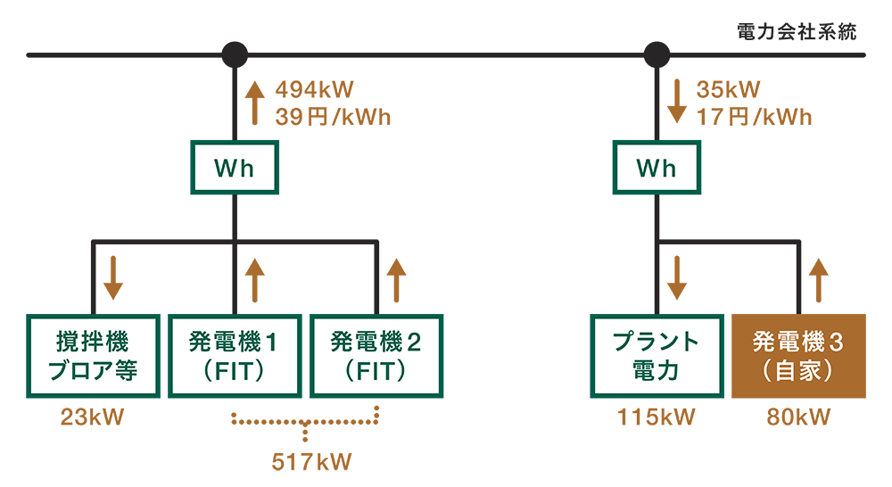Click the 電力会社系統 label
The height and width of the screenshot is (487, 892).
(x=797, y=32)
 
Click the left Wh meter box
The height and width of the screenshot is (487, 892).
(x=235, y=168)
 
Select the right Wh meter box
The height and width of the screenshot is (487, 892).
(x=657, y=168)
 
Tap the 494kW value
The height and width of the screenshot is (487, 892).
(x=315, y=90)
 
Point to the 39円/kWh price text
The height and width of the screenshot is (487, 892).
(x=333, y=117)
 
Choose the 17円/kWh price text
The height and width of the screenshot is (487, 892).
(x=754, y=117)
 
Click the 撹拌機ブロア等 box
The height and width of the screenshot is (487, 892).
(x=94, y=356)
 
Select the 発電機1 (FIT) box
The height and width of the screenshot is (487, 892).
(x=235, y=356)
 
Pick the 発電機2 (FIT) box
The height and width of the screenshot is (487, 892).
(x=376, y=356)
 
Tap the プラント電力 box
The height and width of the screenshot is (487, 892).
(x=657, y=356)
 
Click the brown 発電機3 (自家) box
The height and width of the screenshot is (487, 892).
(x=798, y=356)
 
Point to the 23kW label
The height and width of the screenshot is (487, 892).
(x=92, y=417)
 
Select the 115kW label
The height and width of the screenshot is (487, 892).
(x=657, y=417)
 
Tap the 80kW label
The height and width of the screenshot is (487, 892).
(x=798, y=417)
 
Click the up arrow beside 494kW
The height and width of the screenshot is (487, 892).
(x=255, y=102)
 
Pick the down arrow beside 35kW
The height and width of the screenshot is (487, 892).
(x=676, y=102)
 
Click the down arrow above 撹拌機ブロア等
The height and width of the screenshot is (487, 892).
(x=113, y=278)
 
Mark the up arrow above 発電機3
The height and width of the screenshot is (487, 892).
(x=817, y=278)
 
